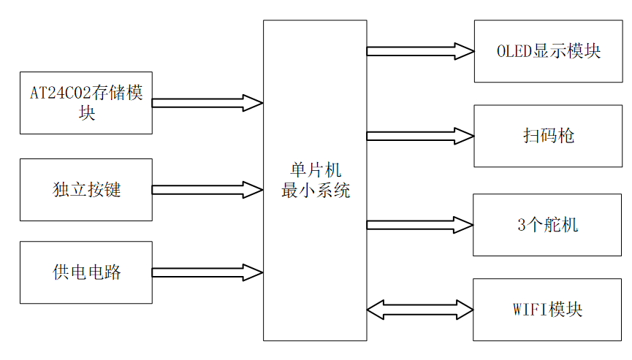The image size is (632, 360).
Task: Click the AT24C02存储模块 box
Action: [x=86, y=103]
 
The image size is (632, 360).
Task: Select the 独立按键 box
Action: [x=86, y=190]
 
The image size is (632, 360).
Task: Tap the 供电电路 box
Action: [x=86, y=272]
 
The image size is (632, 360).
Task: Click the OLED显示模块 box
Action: [x=548, y=51]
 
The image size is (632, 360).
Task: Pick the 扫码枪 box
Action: [x=548, y=136]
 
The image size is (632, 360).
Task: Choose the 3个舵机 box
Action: [x=548, y=225]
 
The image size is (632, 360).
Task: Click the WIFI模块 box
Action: [x=548, y=310]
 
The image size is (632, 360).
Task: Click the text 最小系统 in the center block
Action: [x=315, y=191]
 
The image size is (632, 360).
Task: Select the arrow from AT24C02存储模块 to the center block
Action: [x=208, y=103]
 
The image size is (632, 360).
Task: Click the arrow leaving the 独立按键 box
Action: [x=208, y=190]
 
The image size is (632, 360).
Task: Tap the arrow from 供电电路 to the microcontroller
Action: [x=208, y=272]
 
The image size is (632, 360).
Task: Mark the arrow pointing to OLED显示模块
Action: [x=420, y=51]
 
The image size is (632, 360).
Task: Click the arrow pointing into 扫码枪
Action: [x=420, y=136]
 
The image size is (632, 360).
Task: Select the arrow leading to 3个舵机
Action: [x=420, y=225]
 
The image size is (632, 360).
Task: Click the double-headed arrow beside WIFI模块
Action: [x=420, y=310]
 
